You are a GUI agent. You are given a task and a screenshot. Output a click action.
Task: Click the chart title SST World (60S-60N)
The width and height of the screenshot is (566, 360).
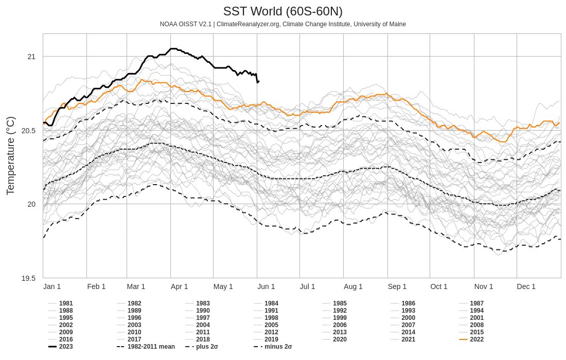click(x=282, y=11)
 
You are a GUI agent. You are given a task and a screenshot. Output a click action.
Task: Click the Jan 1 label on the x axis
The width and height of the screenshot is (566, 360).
click(x=52, y=286)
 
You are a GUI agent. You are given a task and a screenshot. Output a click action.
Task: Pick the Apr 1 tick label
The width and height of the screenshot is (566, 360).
click(x=179, y=286)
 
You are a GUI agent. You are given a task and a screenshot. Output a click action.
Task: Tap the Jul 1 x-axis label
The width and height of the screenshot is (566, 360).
click(x=308, y=286)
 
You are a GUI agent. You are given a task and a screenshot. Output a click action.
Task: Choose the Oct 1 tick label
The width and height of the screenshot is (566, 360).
click(x=439, y=286)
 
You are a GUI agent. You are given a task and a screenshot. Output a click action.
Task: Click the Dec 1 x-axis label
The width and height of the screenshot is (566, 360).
click(x=526, y=286)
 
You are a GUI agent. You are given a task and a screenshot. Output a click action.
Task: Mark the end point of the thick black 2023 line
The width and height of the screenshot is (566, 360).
click(x=258, y=81)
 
